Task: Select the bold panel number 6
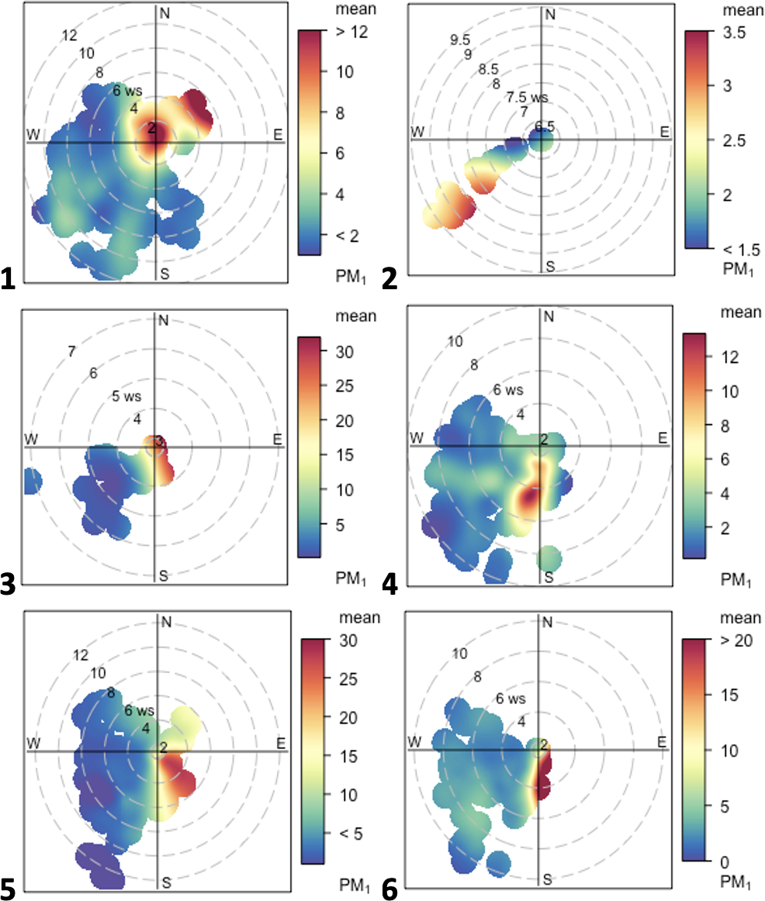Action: pos(390,889)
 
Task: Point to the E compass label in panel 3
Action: pos(277,439)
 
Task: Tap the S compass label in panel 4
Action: pos(549,577)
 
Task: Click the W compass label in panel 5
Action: pos(33,744)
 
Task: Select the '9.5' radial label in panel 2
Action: pos(460,40)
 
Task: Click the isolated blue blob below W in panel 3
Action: pos(31,482)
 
